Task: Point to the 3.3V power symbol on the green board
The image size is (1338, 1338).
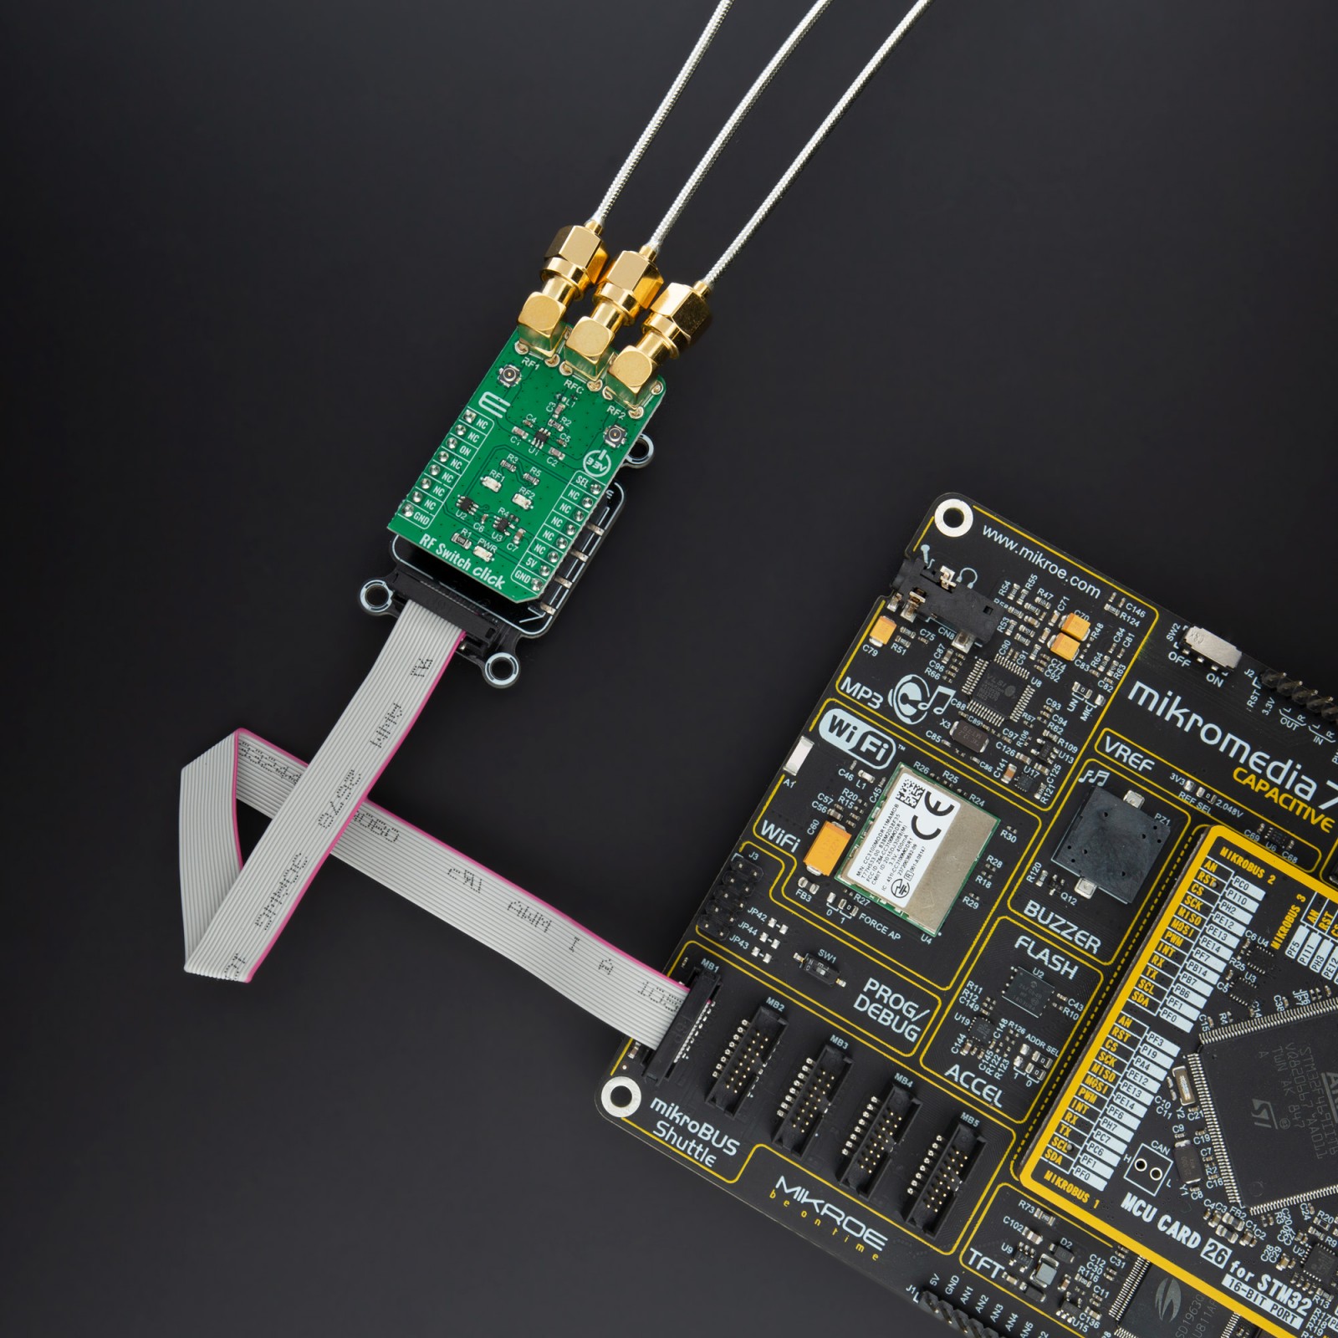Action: [599, 462]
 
